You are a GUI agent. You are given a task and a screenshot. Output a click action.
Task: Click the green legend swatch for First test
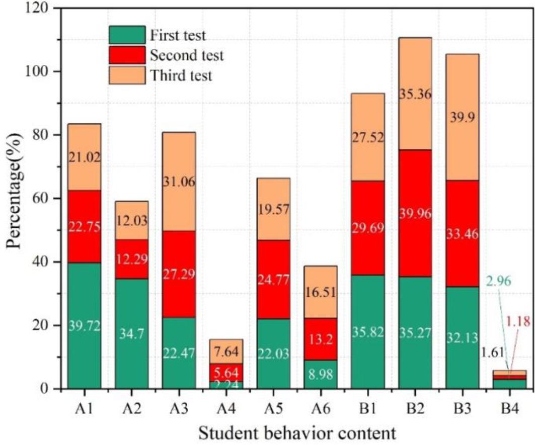[127, 35]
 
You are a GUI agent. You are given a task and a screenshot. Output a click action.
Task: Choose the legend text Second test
[186, 55]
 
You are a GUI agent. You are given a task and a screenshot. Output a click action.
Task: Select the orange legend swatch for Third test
[127, 75]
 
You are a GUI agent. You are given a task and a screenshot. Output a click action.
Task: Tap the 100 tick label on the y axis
[42, 72]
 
